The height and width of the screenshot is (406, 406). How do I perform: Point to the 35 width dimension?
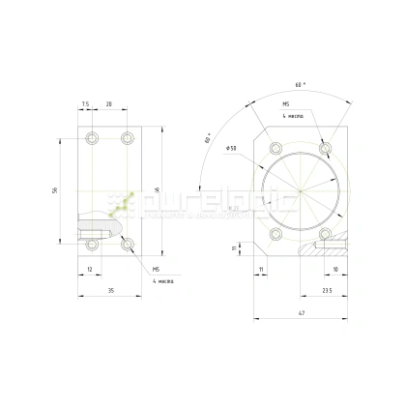pyautogui.click(x=111, y=289)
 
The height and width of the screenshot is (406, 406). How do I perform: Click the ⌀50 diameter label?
pyautogui.click(x=231, y=148)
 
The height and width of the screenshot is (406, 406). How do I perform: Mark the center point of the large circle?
pyautogui.click(x=300, y=191)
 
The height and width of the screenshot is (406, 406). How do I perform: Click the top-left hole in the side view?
pyautogui.click(x=92, y=139)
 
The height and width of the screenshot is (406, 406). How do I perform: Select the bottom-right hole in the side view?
pyautogui.click(x=128, y=244)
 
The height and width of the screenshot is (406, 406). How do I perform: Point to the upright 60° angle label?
pyautogui.click(x=208, y=140)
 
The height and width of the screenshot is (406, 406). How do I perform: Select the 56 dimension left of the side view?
pyautogui.click(x=55, y=190)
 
